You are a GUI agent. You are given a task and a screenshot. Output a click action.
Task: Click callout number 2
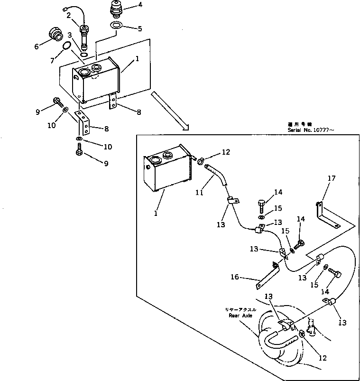(69, 16)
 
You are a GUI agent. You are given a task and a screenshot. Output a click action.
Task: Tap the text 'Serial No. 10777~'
(311, 130)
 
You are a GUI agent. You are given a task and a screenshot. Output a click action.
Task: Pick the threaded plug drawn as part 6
(56, 36)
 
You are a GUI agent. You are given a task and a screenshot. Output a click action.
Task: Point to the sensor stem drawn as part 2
(85, 37)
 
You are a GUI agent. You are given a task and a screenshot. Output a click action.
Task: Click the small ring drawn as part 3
(83, 54)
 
